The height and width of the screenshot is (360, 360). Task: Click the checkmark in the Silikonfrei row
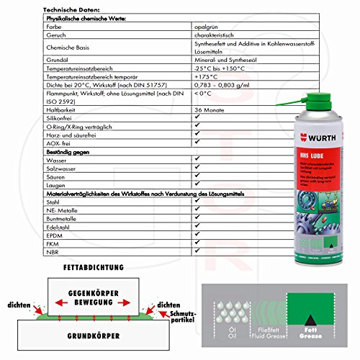click(197, 116)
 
